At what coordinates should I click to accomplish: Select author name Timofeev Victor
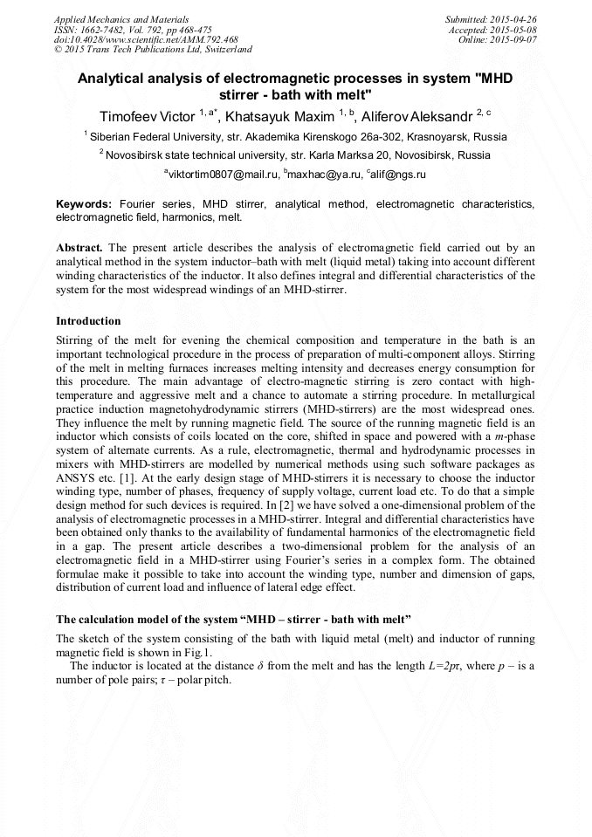click(x=148, y=116)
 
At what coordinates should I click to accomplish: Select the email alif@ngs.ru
click(x=397, y=175)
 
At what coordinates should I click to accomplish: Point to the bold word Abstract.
click(x=79, y=247)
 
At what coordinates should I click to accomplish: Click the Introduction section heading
click(x=88, y=321)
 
